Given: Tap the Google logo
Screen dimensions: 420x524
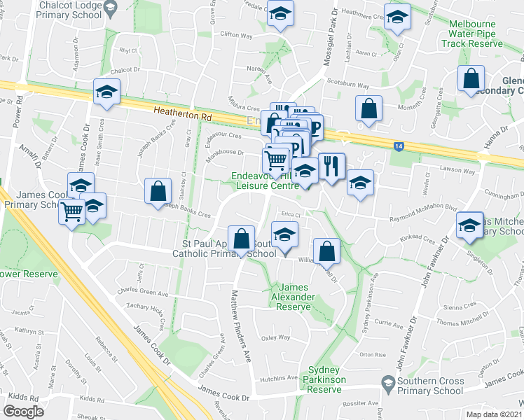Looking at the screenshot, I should tap(23, 411).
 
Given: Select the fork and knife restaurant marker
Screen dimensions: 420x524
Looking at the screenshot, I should tap(331, 166).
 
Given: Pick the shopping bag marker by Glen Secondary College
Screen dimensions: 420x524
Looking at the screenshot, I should tap(471, 78).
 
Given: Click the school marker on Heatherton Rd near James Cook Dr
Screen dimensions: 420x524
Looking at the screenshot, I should tap(106, 92).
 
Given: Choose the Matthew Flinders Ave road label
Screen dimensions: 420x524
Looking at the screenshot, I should tap(240, 325).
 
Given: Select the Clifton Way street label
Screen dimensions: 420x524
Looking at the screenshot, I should tap(235, 33).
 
